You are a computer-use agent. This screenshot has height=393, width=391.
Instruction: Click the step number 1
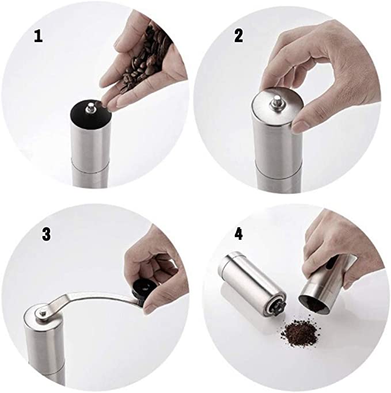38,36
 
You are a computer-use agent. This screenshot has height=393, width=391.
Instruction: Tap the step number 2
238,36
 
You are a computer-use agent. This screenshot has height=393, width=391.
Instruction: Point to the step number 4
238,235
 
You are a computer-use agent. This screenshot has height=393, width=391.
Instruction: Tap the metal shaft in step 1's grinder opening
90,107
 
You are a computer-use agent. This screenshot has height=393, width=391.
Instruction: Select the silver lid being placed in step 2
278,106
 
